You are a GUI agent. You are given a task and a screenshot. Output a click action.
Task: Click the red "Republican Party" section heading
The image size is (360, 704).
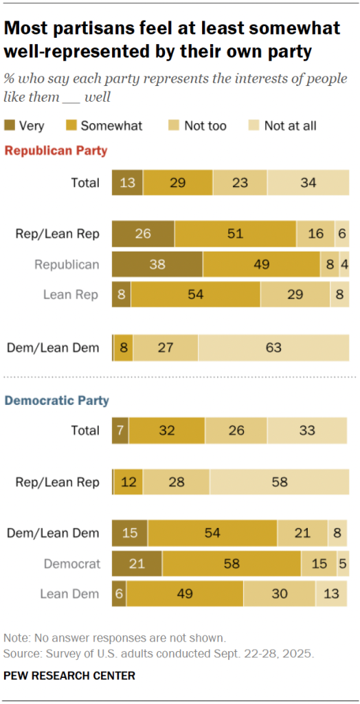tap(56, 151)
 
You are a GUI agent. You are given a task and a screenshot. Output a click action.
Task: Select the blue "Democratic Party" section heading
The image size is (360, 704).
tap(57, 400)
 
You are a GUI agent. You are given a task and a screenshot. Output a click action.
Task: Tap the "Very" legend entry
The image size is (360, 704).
tap(25, 125)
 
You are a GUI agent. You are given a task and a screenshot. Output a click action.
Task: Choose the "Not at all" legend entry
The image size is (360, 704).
tap(282, 125)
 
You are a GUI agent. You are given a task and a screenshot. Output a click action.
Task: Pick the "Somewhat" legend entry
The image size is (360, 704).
tap(102, 125)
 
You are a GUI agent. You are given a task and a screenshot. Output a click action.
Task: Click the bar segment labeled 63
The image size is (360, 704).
tap(273, 348)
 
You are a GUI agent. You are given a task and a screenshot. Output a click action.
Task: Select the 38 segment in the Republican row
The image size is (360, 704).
tap(157, 265)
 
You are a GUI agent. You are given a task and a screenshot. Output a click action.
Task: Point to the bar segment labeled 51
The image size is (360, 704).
tap(235, 234)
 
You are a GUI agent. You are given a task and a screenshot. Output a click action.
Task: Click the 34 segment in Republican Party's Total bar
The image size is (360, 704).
tap(308, 183)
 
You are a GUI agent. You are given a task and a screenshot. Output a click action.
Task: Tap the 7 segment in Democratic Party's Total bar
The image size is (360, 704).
tap(120, 431)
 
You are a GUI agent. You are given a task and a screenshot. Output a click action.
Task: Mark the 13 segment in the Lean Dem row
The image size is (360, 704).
tap(331, 594)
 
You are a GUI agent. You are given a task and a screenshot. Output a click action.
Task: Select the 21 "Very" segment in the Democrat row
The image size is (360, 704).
tap(137, 564)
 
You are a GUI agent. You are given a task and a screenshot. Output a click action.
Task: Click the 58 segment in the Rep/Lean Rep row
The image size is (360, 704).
tap(279, 482)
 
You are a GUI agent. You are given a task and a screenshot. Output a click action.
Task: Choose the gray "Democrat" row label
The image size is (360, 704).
tap(72, 564)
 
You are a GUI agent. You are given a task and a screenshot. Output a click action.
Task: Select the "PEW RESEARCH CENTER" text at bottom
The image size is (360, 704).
tap(69, 676)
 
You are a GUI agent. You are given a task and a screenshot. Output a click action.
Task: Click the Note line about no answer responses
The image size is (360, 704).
tap(114, 637)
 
